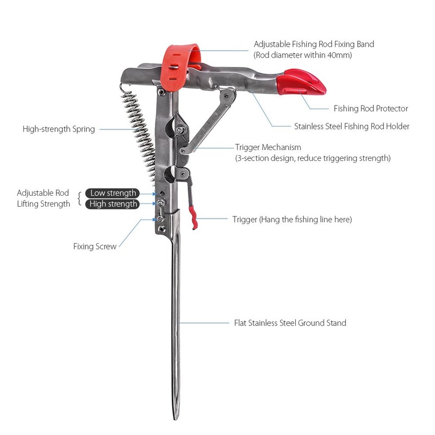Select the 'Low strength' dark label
[113, 193]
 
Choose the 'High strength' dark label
[113, 204]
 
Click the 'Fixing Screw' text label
[95, 246]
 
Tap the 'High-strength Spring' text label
[59, 129]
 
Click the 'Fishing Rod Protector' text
[370, 109]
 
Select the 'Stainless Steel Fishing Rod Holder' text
[351, 126]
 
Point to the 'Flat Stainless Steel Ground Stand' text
[290, 323]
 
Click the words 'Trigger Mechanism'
[268, 147]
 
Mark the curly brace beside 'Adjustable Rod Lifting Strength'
[80, 198]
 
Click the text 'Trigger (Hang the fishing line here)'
[292, 220]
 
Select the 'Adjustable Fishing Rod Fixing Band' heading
[314, 43]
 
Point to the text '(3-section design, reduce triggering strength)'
[313, 158]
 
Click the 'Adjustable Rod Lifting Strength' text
[43, 198]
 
